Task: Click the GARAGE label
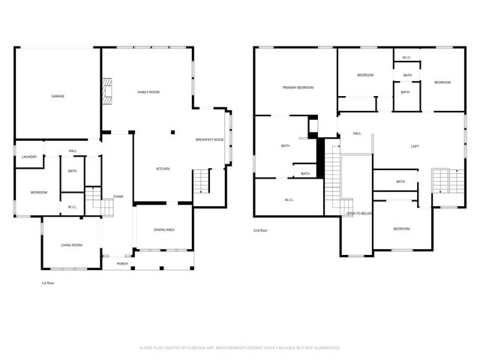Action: [57, 97]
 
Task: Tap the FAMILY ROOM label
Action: [148, 92]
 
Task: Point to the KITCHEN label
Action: [163, 169]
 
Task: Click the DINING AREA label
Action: [164, 229]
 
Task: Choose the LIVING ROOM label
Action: [71, 245]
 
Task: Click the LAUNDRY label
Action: [29, 157]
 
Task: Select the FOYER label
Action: [118, 196]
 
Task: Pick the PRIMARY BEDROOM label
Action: [298, 88]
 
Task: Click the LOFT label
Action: [414, 146]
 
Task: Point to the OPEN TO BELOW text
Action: [359, 214]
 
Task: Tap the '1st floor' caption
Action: [47, 283]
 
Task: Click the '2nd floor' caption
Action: [261, 230]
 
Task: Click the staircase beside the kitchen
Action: [201, 181]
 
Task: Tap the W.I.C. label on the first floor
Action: [72, 206]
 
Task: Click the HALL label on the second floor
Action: [357, 133]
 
